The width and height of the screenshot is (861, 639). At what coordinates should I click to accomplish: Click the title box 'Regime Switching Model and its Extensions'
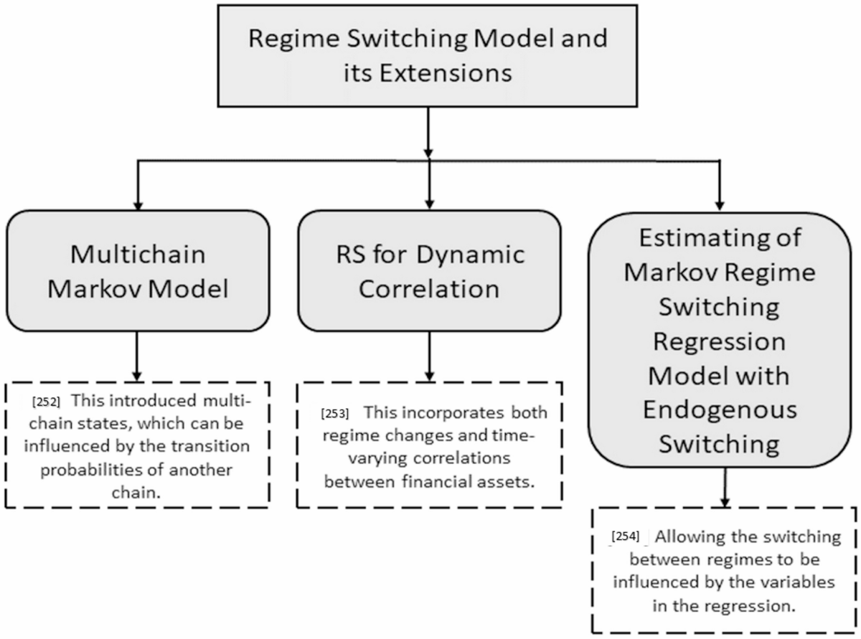point(428,55)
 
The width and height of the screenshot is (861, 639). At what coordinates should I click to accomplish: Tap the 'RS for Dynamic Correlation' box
point(428,270)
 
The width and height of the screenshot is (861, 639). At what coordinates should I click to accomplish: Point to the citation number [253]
point(335,414)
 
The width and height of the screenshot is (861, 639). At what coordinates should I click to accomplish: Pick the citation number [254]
point(625,536)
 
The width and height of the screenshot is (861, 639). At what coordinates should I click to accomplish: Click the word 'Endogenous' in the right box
point(720,410)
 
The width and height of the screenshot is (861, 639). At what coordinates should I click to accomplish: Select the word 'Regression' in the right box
point(720,341)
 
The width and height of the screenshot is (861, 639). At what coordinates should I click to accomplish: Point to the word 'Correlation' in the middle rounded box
point(429,288)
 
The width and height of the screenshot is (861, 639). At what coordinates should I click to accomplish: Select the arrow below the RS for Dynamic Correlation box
point(428,356)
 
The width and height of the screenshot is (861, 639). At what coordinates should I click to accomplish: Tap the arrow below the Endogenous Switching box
point(725,487)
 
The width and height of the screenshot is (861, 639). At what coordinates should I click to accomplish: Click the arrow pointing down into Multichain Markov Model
point(136,186)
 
